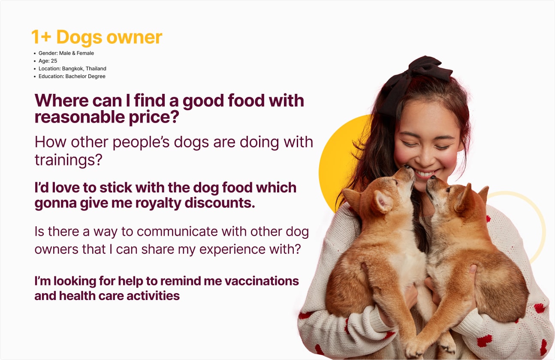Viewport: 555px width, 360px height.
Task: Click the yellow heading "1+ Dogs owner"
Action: click(97, 37)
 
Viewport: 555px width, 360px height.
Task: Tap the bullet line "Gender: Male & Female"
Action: click(66, 53)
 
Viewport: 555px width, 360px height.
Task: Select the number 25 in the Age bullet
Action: click(54, 61)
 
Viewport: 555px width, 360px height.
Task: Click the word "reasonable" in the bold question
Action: click(80, 117)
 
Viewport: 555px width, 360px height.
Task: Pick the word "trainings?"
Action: click(68, 160)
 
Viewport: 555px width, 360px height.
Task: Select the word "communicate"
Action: click(177, 232)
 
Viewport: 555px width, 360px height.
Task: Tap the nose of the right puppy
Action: click(433, 177)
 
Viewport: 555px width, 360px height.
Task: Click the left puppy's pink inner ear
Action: click(382, 202)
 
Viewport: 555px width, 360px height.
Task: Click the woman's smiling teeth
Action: click(424, 174)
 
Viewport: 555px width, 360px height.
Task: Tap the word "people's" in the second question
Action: click(141, 143)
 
